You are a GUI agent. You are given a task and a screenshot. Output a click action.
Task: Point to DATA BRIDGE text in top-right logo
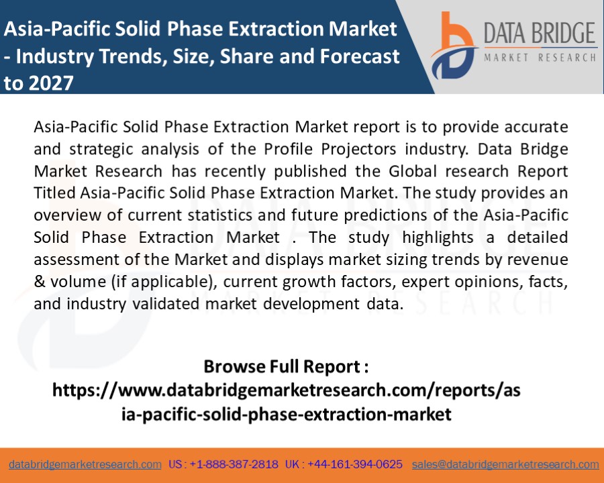[x=540, y=34]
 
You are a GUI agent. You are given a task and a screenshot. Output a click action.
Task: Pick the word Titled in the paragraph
[x=54, y=193]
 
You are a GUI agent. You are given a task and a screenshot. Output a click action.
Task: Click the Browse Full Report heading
[x=286, y=368]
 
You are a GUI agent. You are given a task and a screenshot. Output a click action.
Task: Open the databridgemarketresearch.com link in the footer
[x=85, y=464]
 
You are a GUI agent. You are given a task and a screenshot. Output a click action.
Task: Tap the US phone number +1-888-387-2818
[x=234, y=464]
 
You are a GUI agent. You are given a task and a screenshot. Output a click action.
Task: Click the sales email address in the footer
[x=505, y=464]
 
